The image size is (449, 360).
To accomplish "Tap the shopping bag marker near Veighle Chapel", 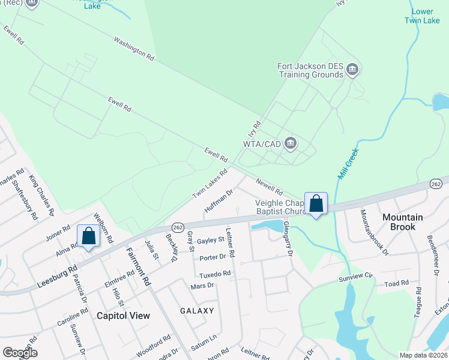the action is point(316,203).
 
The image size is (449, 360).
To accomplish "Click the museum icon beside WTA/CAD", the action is point(291,143).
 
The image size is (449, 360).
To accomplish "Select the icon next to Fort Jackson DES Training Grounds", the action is point(352,70).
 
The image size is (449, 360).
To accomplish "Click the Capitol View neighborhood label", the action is point(123,315).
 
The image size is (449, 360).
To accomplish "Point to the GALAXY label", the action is point(197,310).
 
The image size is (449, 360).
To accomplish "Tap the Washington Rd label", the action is point(134,48).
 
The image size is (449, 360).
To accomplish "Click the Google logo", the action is point(20,352).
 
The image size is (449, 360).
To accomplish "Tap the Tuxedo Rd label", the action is point(215,274).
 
